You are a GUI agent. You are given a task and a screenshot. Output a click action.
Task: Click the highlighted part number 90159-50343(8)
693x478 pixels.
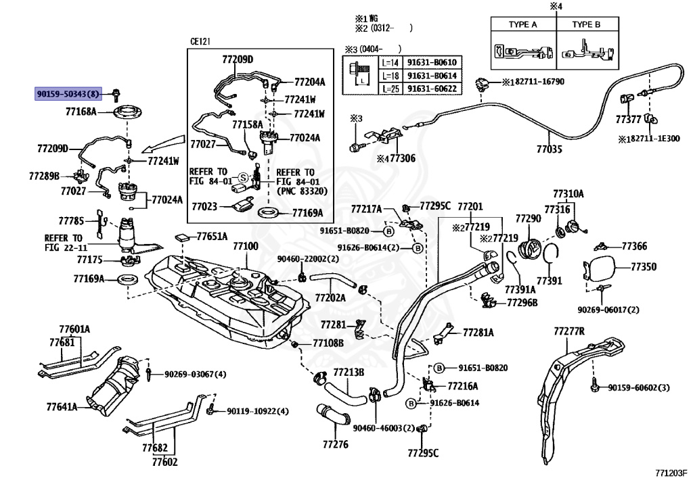click(x=68, y=93)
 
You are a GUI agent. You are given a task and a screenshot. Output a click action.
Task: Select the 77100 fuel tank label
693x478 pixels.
click(x=246, y=246)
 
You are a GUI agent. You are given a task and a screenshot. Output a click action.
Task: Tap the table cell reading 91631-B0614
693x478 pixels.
click(x=432, y=76)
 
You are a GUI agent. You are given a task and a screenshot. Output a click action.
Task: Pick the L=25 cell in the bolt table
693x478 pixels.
click(x=390, y=89)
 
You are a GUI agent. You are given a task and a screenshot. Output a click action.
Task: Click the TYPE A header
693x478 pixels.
click(x=523, y=25)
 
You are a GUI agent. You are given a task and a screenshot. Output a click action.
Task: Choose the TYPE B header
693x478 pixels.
click(x=586, y=25)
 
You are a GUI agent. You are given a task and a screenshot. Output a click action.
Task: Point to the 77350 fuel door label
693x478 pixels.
click(x=644, y=266)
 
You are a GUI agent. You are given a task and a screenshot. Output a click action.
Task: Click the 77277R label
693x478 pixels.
click(x=569, y=331)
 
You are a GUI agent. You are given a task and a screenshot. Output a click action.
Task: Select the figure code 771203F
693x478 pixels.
click(x=671, y=473)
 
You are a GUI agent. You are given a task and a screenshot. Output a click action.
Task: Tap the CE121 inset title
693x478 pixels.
click(x=200, y=41)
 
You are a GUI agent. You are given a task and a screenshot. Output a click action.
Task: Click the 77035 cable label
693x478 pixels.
click(x=550, y=149)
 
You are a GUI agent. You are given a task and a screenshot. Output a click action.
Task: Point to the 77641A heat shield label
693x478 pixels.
click(x=62, y=406)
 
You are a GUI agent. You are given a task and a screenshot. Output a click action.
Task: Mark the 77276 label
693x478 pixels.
click(x=336, y=444)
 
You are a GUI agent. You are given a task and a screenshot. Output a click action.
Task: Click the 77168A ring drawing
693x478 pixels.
click(x=129, y=112)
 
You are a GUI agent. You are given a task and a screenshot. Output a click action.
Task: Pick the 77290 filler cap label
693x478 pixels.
click(x=528, y=218)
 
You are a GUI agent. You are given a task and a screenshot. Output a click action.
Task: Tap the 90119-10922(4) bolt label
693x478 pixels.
click(x=258, y=411)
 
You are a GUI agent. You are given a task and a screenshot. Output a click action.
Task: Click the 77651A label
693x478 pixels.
click(x=212, y=237)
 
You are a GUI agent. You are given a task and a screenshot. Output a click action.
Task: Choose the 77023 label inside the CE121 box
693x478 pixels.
click(x=204, y=206)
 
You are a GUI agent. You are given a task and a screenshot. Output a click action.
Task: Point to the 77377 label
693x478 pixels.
click(x=629, y=120)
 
